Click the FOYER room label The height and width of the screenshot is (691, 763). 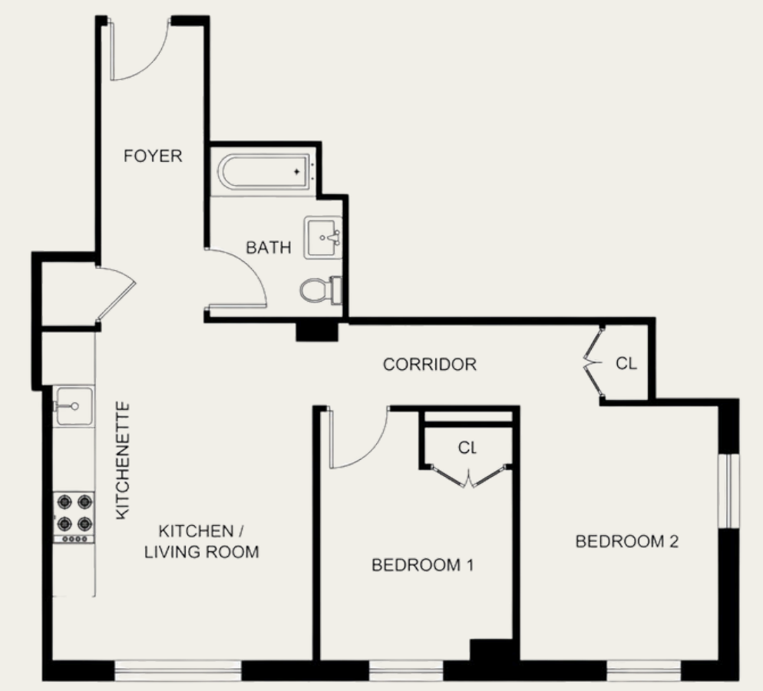[153, 157]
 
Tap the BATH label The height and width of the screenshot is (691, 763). [269, 248]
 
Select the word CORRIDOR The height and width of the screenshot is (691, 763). [429, 364]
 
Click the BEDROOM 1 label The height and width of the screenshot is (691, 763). [421, 566]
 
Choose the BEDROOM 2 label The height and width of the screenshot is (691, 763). [627, 542]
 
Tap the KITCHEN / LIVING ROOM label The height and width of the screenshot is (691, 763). [201, 541]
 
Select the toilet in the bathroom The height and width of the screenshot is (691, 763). [319, 290]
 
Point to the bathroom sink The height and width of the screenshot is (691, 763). [323, 237]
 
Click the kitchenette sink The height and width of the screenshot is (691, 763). [74, 405]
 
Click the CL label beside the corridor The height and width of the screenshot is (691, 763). [626, 363]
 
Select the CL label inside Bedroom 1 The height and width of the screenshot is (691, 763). [467, 447]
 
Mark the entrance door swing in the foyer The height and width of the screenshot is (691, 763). [138, 54]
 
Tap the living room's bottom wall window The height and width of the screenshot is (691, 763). [177, 670]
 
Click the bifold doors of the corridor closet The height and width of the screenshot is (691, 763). [593, 361]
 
